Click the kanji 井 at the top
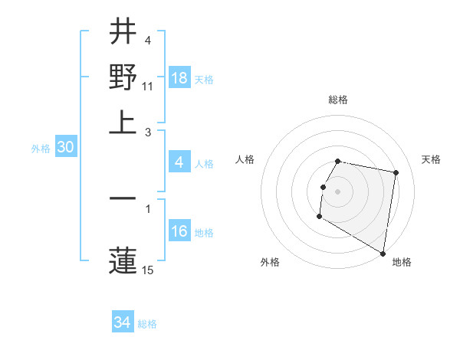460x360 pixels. coord(123,33)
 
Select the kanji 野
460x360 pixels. coord(123,77)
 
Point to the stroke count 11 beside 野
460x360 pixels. coord(148,86)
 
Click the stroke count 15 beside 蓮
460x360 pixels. coord(148,269)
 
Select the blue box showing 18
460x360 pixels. coord(179,77)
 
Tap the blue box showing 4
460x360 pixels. coord(179,162)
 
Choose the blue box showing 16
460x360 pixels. coord(179,231)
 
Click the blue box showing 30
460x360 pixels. coord(65,148)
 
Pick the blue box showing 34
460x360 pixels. coord(123,322)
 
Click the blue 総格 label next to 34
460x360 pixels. coord(147,324)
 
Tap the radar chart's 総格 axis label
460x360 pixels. coord(338,100)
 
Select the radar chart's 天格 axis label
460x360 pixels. coord(431,159)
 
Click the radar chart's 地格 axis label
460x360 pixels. coord(402,262)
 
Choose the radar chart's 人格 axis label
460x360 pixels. coord(245,159)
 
